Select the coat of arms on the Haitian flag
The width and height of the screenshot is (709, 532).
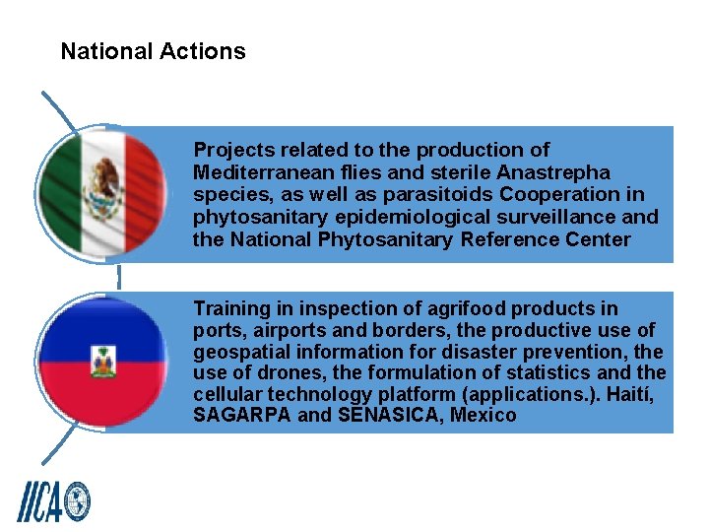tap(103, 362)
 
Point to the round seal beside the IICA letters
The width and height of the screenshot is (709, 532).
tap(76, 500)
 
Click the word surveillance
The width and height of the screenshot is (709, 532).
tap(560, 216)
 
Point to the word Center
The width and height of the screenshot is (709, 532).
tap(596, 239)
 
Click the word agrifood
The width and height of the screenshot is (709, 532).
tap(455, 308)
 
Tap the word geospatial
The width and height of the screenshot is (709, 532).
tap(240, 352)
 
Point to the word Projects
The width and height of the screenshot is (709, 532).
tap(233, 150)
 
